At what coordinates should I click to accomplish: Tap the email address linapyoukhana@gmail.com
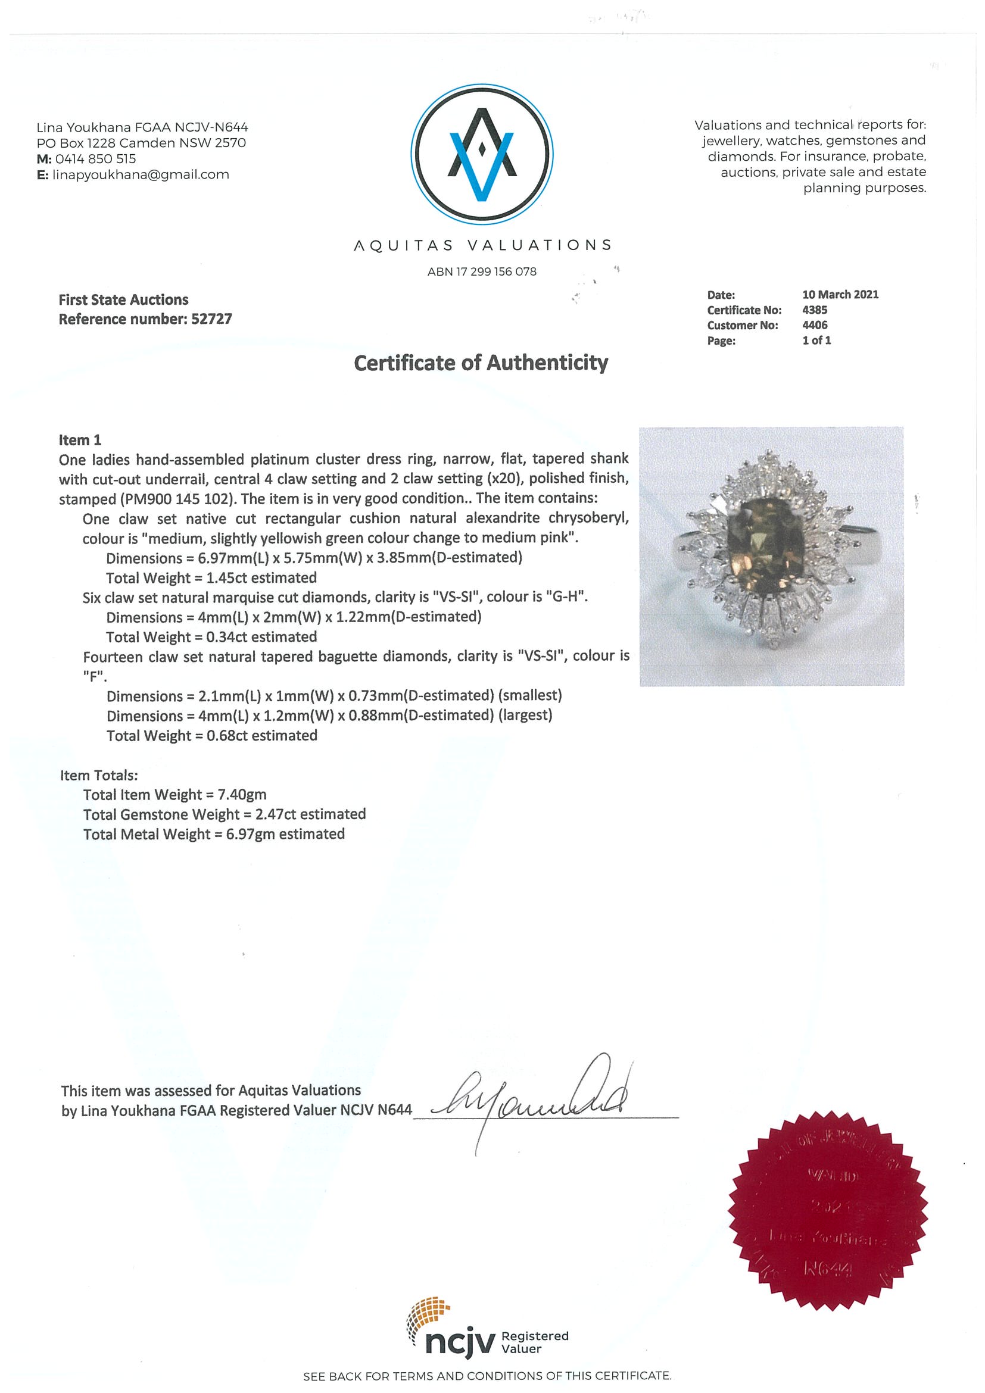coord(141,175)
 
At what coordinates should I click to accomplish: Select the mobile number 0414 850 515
coord(95,159)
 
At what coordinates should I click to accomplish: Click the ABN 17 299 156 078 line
coord(482,272)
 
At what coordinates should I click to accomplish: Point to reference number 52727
coord(211,319)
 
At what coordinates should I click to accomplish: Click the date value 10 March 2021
coord(840,294)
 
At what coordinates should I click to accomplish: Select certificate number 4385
coord(815,310)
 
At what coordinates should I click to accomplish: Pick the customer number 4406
coord(815,325)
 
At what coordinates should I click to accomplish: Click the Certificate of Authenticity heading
coord(481,363)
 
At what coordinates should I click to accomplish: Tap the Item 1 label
coord(80,440)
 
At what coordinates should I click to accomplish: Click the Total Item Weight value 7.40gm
coord(242,794)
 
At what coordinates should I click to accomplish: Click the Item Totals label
coord(99,774)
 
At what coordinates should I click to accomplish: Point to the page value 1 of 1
coord(816,341)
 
